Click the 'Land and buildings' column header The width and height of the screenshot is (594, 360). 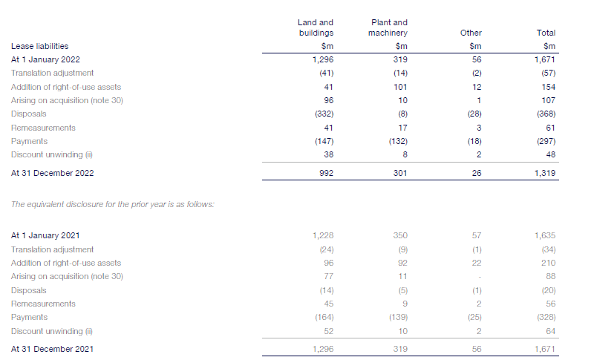pos(315,27)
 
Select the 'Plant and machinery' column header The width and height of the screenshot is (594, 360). pos(388,27)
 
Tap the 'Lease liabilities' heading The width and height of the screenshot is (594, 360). pos(40,46)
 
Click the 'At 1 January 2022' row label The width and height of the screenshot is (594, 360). pos(45,59)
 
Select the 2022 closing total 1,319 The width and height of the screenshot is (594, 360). pos(545,173)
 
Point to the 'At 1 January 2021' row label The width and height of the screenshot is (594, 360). pos(45,235)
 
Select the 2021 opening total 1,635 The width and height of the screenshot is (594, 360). pos(545,235)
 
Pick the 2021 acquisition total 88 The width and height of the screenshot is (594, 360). pos(550,276)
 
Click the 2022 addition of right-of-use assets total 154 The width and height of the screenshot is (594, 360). pos(549,87)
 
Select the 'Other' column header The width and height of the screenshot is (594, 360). pos(471,33)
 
